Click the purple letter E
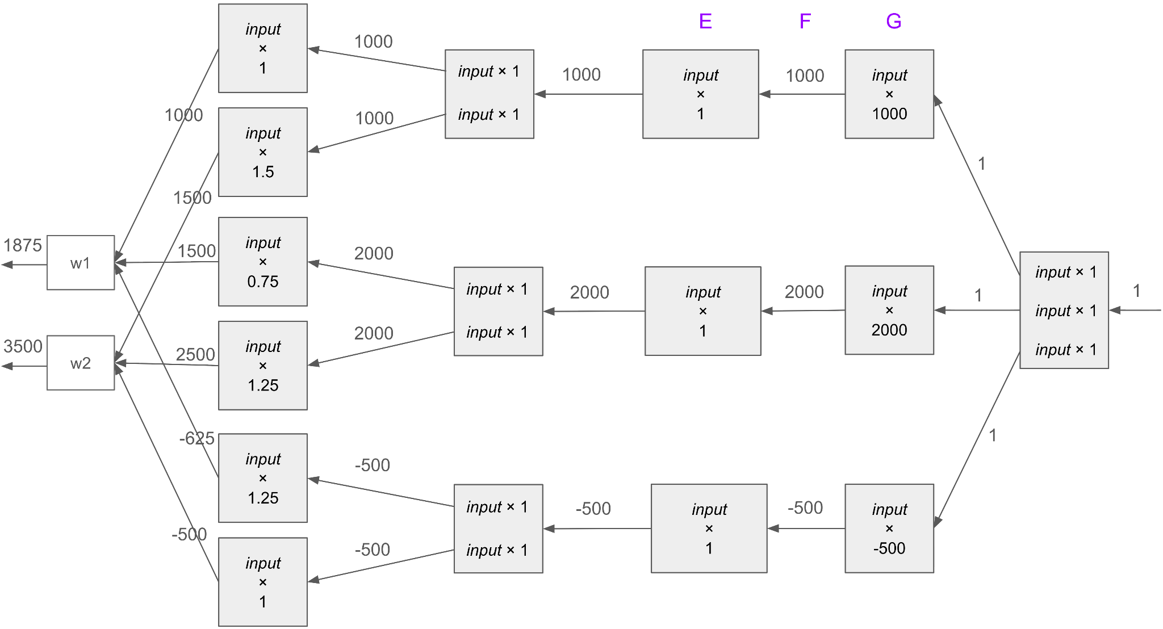coord(705,22)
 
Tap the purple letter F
coord(805,22)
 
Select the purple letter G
coord(893,22)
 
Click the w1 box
coord(81,263)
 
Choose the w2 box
coord(81,363)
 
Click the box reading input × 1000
coord(889,94)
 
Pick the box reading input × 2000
coord(889,311)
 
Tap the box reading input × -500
coord(889,529)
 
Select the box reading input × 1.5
coord(263,152)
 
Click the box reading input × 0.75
coord(263,262)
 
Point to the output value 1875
coord(23,245)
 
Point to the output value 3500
coord(23,346)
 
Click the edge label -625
coord(197,438)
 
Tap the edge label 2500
coord(195,355)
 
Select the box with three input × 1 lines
coord(1064,311)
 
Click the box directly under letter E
coord(701,94)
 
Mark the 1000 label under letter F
coord(805,76)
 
